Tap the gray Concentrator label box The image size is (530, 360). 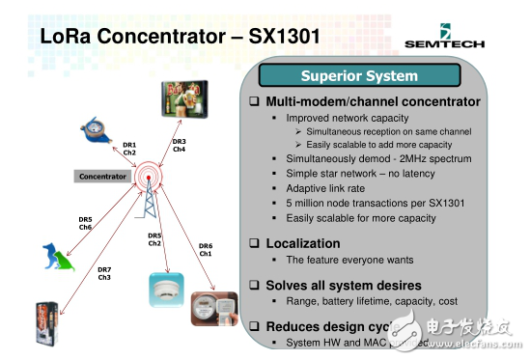[102, 177]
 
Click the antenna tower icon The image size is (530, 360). [148, 194]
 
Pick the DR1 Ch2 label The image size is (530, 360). [129, 149]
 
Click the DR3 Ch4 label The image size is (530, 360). [180, 146]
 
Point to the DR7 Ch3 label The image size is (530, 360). [104, 273]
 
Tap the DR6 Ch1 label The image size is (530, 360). [206, 250]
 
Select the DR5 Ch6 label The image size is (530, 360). [85, 223]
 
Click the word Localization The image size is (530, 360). [303, 243]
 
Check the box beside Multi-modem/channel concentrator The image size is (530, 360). [255, 101]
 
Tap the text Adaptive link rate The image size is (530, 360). [326, 188]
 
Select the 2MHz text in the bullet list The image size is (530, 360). [413, 158]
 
